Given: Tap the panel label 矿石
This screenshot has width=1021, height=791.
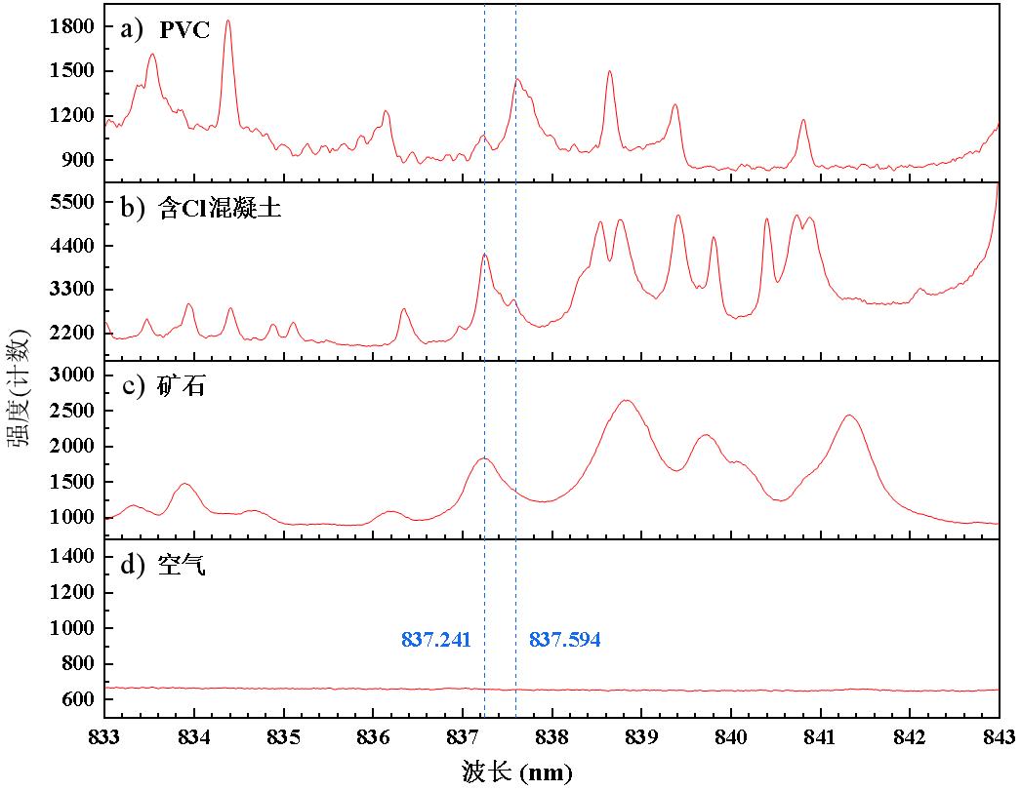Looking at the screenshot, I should (168, 386).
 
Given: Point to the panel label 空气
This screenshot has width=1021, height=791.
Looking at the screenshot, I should (168, 565).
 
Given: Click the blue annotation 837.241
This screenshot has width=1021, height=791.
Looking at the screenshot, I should (436, 641).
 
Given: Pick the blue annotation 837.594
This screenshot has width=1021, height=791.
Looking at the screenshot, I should (565, 641).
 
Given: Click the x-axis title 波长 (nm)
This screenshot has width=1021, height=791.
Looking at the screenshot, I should (517, 772).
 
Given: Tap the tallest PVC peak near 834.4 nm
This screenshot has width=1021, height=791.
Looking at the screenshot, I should (228, 21).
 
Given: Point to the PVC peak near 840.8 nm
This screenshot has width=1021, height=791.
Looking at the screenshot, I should (803, 121).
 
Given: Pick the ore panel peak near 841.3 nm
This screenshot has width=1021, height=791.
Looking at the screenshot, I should (849, 416).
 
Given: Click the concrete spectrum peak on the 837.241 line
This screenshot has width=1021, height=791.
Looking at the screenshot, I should (484, 256).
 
